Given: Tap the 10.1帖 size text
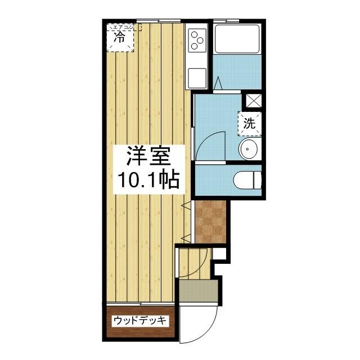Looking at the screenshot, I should [x=148, y=180].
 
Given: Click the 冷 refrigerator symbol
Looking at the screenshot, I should [x=120, y=38].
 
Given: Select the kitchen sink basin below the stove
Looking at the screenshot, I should [x=197, y=75].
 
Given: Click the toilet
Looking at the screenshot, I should [x=248, y=180].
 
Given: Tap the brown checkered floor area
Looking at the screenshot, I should [x=210, y=222].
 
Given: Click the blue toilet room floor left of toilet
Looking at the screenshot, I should [x=213, y=181].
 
